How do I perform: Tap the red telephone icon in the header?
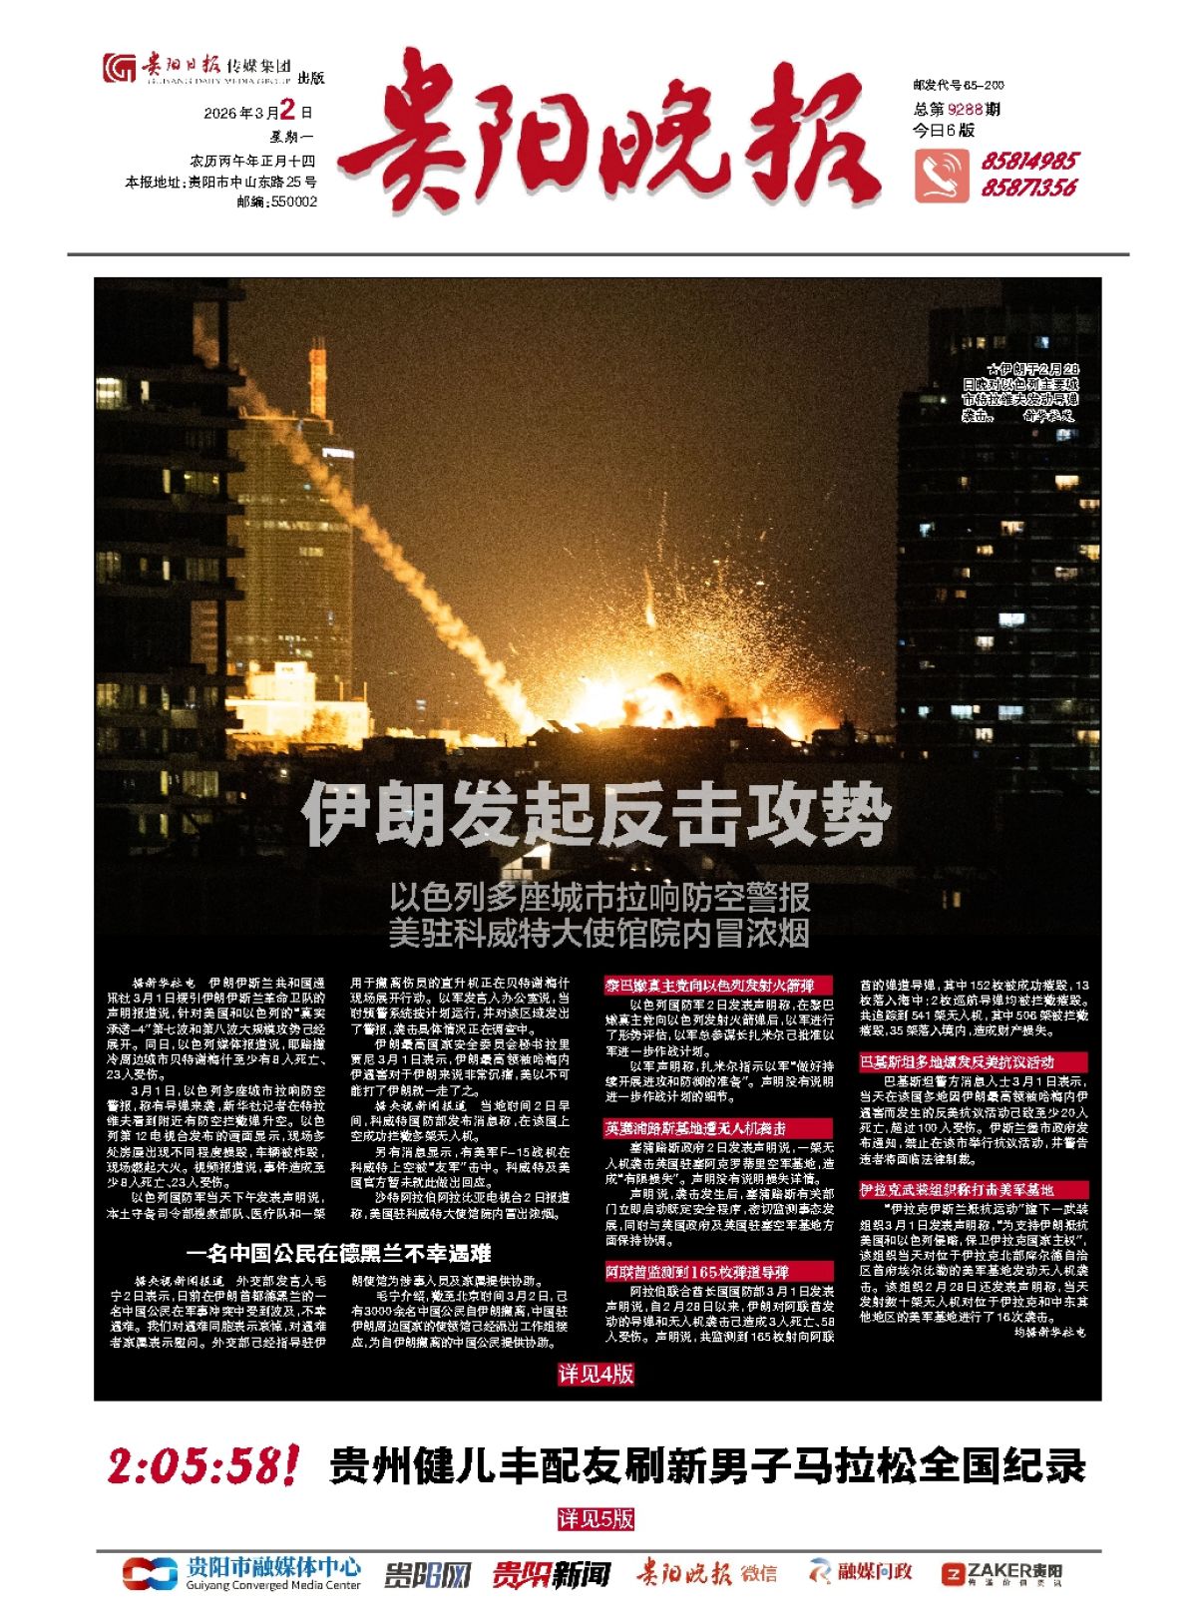(x=941, y=176)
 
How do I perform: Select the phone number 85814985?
(x=1028, y=162)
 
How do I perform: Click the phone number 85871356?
(x=1028, y=188)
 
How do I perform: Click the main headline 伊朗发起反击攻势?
(x=596, y=813)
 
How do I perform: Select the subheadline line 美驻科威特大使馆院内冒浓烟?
(x=598, y=934)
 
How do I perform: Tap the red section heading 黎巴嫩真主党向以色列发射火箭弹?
(x=709, y=986)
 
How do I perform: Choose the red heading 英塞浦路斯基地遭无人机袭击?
(x=695, y=1128)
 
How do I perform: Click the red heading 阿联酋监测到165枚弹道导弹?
(x=697, y=1272)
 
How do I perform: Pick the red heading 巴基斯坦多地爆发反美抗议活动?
(x=958, y=1062)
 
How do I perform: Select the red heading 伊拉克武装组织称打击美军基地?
(x=958, y=1190)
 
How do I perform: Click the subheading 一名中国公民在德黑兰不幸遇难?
(x=338, y=1254)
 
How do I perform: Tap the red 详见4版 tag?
(x=596, y=1375)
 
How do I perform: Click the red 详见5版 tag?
(x=596, y=1519)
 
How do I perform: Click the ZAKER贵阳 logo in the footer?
(x=1001, y=1573)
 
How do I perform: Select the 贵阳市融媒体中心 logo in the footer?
(x=242, y=1573)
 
